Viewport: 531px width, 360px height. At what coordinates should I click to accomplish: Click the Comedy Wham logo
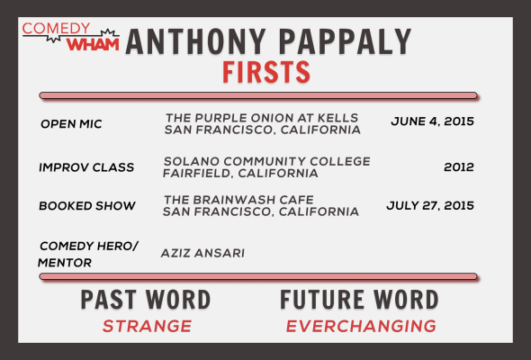[71, 37]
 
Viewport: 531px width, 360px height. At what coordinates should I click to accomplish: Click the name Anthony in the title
[195, 41]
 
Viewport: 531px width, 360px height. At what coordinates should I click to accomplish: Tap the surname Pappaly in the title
[345, 41]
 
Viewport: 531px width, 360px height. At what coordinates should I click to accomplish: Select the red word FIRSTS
[266, 72]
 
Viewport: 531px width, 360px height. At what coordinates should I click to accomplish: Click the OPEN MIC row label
[71, 124]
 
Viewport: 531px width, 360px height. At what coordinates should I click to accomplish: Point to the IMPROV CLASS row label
[86, 167]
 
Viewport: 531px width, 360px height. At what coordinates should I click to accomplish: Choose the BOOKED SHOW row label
[87, 205]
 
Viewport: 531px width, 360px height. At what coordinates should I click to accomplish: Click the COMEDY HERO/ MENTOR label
[88, 254]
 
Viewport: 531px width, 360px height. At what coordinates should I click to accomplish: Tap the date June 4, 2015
[433, 121]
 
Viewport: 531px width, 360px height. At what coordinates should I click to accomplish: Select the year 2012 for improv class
[459, 167]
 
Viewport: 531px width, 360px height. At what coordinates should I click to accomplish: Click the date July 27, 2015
[430, 205]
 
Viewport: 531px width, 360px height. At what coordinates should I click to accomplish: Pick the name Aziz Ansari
[202, 253]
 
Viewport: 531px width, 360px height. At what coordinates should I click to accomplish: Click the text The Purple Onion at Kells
[262, 118]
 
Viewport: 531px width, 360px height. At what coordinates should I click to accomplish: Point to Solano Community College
[267, 161]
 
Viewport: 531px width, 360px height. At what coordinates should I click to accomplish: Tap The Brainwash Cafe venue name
[238, 200]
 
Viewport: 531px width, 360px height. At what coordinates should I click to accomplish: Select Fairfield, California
[240, 174]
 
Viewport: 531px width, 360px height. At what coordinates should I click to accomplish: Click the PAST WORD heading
[146, 300]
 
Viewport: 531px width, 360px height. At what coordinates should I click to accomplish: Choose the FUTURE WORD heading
[359, 300]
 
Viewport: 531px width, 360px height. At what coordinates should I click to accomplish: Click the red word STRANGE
[147, 326]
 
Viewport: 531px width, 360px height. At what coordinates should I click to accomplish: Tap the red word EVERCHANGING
[361, 326]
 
